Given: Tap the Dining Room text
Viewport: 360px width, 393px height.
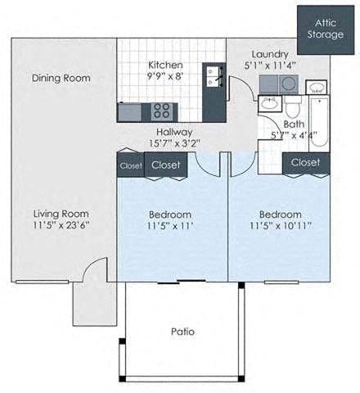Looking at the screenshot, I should click(x=61, y=79).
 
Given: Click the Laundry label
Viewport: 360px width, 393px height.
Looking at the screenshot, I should click(x=268, y=52).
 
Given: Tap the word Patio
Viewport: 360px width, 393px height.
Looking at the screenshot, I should click(x=182, y=332).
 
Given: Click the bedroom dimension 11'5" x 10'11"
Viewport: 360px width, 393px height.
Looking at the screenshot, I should click(x=281, y=225).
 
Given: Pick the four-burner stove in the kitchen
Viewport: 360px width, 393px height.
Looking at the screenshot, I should click(x=161, y=111).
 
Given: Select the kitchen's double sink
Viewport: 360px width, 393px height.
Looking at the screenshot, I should click(x=214, y=76).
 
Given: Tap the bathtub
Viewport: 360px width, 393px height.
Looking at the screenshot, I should click(x=318, y=123).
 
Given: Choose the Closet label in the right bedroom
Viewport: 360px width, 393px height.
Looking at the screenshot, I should click(x=305, y=162).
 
